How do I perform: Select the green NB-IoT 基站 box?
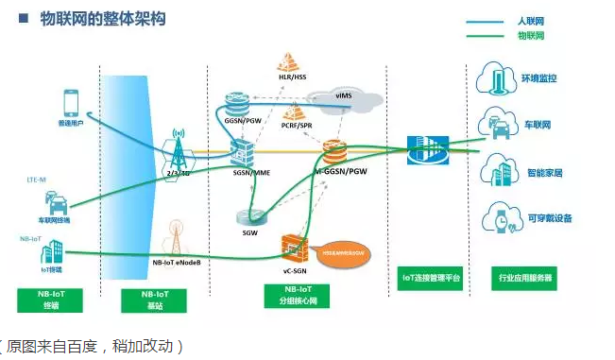coord(150,300)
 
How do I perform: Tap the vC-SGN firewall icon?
coord(297,248)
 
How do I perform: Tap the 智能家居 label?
coord(545,173)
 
